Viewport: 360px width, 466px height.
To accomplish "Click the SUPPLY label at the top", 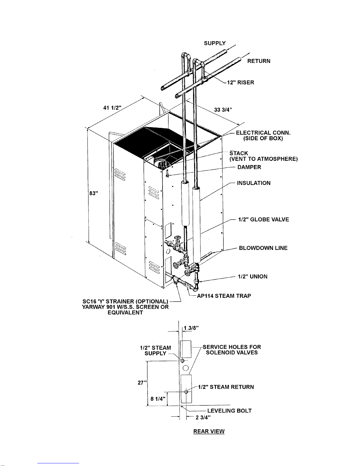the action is click(215, 43).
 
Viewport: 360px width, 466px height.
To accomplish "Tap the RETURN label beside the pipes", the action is click(259, 61).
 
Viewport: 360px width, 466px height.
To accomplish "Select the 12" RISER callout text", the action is click(240, 83).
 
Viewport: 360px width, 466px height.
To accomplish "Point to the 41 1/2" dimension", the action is click(112, 108).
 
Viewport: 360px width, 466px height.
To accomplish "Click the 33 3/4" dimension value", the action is click(223, 110).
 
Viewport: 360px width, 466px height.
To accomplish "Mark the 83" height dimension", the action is click(94, 193).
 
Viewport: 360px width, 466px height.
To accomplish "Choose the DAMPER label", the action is click(249, 167).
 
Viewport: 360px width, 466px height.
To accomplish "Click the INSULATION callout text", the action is click(254, 183).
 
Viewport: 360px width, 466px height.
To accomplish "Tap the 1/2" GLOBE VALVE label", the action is click(264, 219).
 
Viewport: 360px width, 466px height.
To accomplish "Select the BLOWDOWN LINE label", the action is click(263, 248).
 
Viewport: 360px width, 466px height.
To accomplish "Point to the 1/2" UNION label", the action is click(253, 276).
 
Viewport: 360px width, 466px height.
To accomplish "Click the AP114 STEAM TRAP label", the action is click(224, 296).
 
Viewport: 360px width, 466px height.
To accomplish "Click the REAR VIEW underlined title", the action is click(209, 431).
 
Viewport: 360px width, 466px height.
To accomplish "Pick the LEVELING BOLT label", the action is click(229, 411).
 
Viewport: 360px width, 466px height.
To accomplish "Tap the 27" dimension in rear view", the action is click(142, 383).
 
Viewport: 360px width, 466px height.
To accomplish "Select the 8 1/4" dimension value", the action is click(158, 399).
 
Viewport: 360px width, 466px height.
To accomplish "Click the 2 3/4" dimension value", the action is click(203, 417).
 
